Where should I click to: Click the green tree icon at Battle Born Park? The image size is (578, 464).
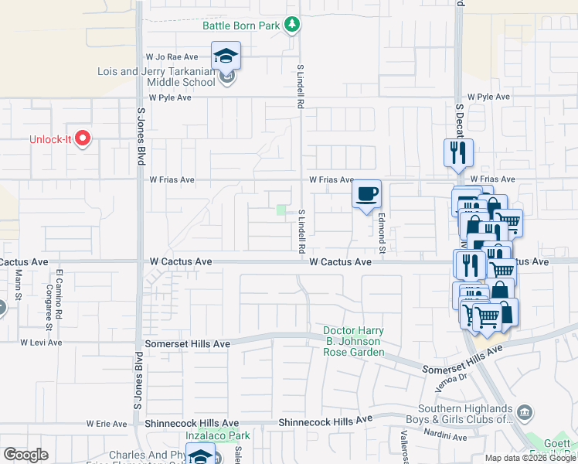(x=292, y=26)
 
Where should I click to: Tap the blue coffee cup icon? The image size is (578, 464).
(x=367, y=193)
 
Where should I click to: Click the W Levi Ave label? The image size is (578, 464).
(x=40, y=342)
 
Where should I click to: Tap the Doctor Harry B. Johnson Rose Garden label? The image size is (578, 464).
(x=353, y=342)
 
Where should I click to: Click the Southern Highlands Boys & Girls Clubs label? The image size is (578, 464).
(x=465, y=415)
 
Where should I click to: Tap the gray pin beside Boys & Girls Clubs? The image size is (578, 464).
(x=525, y=410)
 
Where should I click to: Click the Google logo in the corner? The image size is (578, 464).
(x=25, y=455)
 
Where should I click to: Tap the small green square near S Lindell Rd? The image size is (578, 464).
(x=281, y=210)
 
